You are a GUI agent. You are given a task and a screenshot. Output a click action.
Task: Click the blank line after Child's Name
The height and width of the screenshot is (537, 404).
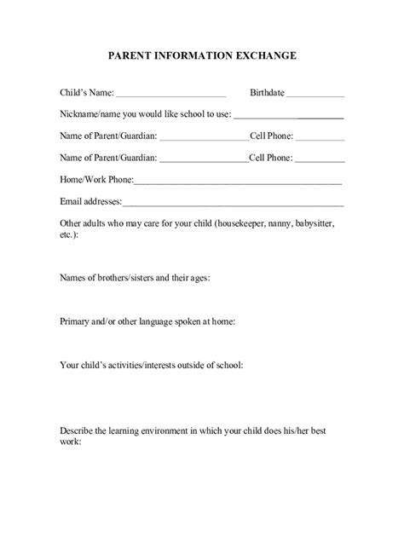point(170,94)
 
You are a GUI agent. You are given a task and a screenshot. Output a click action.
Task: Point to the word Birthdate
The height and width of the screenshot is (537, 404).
point(267,92)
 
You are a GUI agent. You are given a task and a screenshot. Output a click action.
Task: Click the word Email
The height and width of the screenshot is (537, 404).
point(71,202)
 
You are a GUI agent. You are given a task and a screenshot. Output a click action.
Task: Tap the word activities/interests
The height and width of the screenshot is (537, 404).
point(132,366)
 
